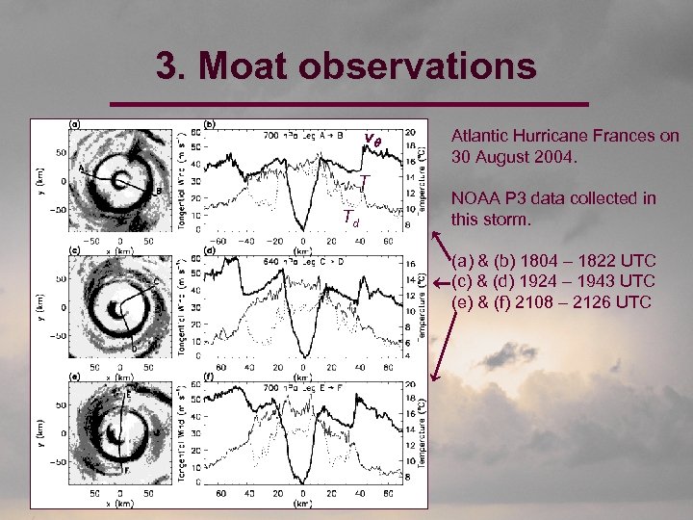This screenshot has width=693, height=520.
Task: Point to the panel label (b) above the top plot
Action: [210, 123]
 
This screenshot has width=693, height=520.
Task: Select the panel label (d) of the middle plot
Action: [210, 250]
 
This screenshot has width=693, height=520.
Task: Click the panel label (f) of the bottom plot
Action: [210, 377]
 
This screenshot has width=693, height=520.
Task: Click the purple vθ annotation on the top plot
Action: [375, 139]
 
